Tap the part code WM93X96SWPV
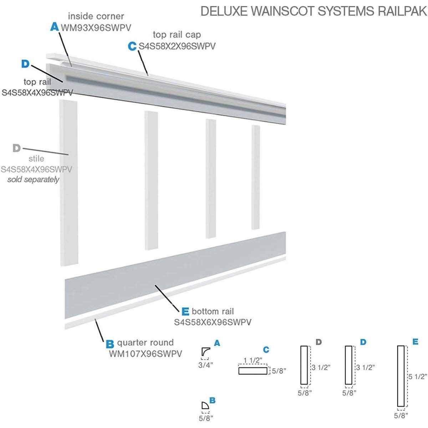coord(92,27)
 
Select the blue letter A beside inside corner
coord(54,27)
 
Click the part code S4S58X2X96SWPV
coord(177,46)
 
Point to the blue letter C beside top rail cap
coord(132,46)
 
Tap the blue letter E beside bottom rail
coord(185,312)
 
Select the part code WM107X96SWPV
coord(145,354)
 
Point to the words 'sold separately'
coord(34,179)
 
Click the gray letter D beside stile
coord(16,148)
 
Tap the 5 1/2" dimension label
coord(418,376)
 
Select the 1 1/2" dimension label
coord(253,360)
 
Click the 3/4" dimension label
coord(206,365)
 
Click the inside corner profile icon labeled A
coord(205,352)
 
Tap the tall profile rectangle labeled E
coord(401,376)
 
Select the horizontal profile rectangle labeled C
coord(253,371)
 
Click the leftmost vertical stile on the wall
coord(68,183)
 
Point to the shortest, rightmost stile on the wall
coord(255,177)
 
